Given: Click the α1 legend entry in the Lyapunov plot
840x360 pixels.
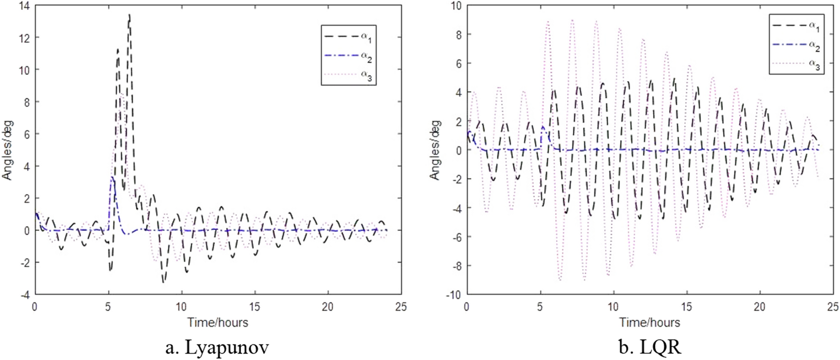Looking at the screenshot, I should click(x=349, y=37).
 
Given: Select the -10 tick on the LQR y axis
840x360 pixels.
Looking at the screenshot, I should click(x=455, y=295).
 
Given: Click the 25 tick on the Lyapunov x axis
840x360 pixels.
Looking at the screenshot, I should click(x=401, y=307).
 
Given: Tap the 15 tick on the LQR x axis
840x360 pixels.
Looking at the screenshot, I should click(x=687, y=307).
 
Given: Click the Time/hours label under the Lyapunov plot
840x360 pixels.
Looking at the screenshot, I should click(x=218, y=323).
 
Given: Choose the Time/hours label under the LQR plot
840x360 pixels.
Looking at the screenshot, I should click(x=650, y=323).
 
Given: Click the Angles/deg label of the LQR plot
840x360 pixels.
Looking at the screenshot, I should click(x=435, y=150).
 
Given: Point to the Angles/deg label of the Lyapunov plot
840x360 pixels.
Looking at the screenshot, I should click(x=7, y=150).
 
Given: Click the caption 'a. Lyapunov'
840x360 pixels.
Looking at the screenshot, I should click(x=217, y=348).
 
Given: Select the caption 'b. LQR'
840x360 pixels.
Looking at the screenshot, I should click(x=650, y=348).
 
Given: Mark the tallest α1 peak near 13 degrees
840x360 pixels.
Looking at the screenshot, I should click(x=129, y=16).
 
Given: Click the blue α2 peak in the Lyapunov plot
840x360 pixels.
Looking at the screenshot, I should click(x=112, y=177).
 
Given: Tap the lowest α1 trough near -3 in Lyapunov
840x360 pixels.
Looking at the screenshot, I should click(x=163, y=282).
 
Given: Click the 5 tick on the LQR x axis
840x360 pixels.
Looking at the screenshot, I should click(x=540, y=307).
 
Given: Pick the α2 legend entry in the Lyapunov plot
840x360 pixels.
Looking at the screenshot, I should click(x=349, y=55).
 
